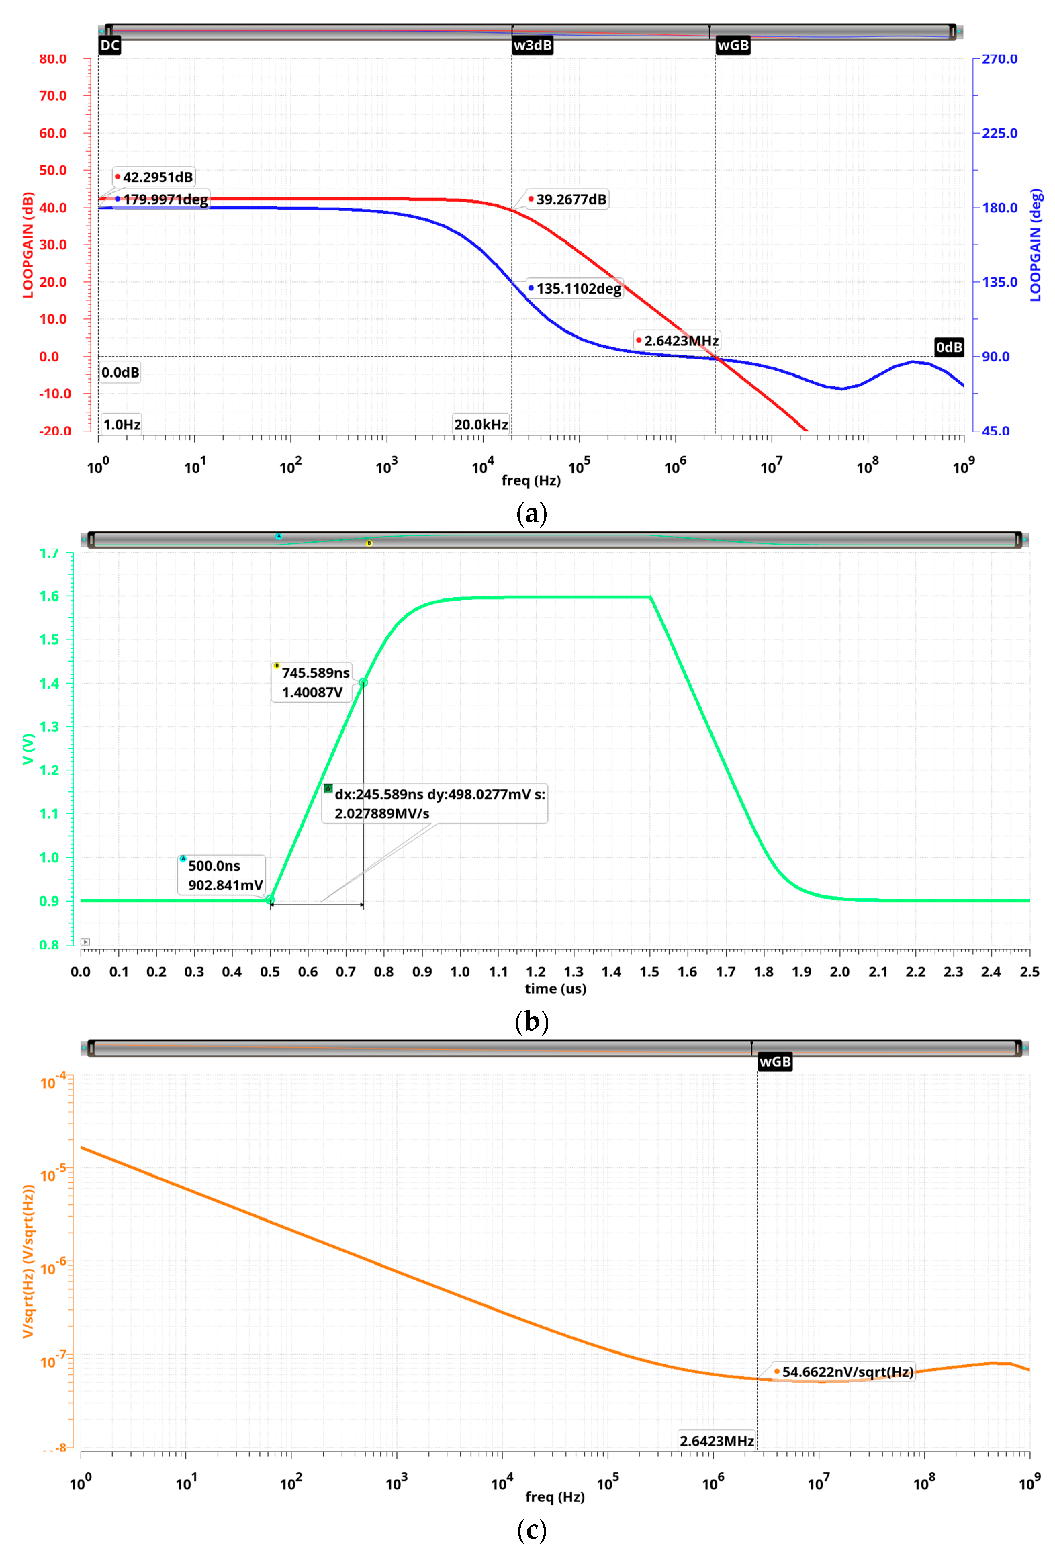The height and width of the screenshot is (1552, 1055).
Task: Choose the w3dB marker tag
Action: pyautogui.click(x=532, y=45)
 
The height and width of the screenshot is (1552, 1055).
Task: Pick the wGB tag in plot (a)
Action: pyautogui.click(x=733, y=45)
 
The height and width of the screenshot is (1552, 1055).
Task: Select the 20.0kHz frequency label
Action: pyautogui.click(x=481, y=424)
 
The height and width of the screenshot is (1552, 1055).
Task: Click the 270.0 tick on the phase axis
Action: pyautogui.click(x=999, y=59)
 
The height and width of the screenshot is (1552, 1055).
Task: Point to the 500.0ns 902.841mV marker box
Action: pyautogui.click(x=222, y=875)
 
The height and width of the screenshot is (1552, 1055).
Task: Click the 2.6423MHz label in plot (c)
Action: pyautogui.click(x=717, y=1440)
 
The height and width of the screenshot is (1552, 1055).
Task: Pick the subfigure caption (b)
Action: pyautogui.click(x=532, y=1022)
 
